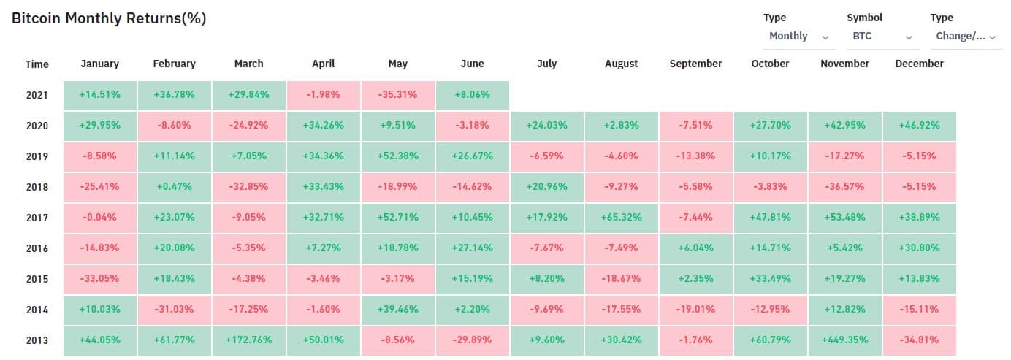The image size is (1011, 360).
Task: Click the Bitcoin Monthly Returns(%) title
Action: click(109, 19)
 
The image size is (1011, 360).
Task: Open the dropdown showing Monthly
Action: click(798, 36)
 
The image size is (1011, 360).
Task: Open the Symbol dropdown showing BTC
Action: click(882, 36)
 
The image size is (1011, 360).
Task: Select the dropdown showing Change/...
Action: click(966, 36)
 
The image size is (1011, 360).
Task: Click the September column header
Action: click(695, 64)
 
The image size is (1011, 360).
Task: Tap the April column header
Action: click(323, 64)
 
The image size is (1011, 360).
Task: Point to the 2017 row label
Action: click(37, 218)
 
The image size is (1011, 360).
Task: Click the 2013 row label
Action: click(37, 340)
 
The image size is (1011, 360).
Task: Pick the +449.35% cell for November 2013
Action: click(844, 340)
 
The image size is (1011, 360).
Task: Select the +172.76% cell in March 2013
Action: click(248, 340)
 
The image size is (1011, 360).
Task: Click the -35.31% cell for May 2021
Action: click(397, 95)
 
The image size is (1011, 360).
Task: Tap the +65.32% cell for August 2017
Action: click(621, 218)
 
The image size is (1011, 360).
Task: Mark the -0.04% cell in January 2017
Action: click(99, 218)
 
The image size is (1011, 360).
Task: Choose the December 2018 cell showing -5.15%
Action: click(919, 187)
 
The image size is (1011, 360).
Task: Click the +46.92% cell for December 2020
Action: click(919, 126)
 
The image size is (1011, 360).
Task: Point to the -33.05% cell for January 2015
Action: click(99, 279)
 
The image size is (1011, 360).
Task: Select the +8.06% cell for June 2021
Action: click(472, 95)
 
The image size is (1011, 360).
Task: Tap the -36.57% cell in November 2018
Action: click(844, 187)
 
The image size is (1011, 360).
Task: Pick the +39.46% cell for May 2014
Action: click(397, 310)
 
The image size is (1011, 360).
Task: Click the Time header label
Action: click(37, 64)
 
